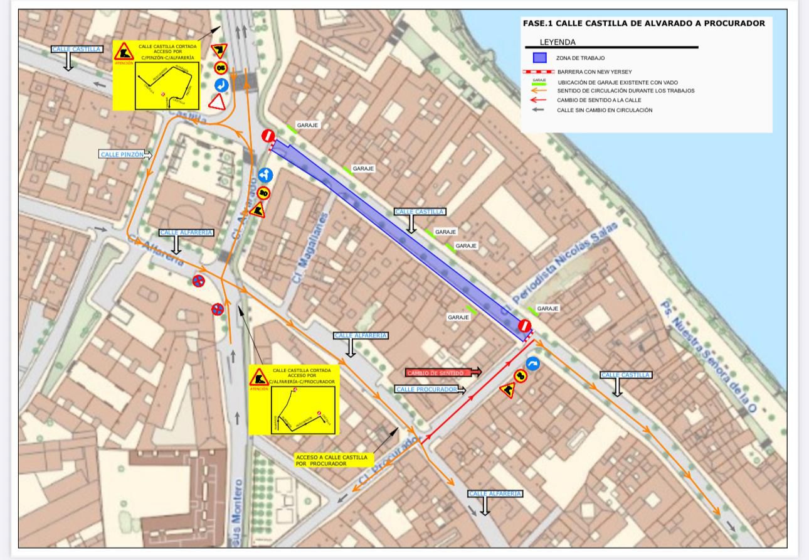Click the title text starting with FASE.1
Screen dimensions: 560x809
pos(643,23)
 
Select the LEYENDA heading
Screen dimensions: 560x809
pos(558,43)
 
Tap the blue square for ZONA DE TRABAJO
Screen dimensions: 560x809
pos(539,58)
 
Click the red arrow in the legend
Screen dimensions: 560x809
pos(539,100)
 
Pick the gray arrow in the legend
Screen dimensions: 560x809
pos(539,110)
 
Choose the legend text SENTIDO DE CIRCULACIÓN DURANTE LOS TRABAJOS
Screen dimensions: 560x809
pos(625,90)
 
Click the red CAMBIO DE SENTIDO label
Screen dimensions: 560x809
pos(439,373)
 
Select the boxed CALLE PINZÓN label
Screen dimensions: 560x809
pos(122,154)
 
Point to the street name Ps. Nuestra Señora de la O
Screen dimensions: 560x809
pos(709,356)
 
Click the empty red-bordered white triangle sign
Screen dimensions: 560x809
pos(218,102)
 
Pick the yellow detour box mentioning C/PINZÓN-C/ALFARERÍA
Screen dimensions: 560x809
pos(156,75)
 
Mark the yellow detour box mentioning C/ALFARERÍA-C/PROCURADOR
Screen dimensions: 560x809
pos(293,400)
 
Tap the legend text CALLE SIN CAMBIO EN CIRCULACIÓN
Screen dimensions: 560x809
pos(605,110)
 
